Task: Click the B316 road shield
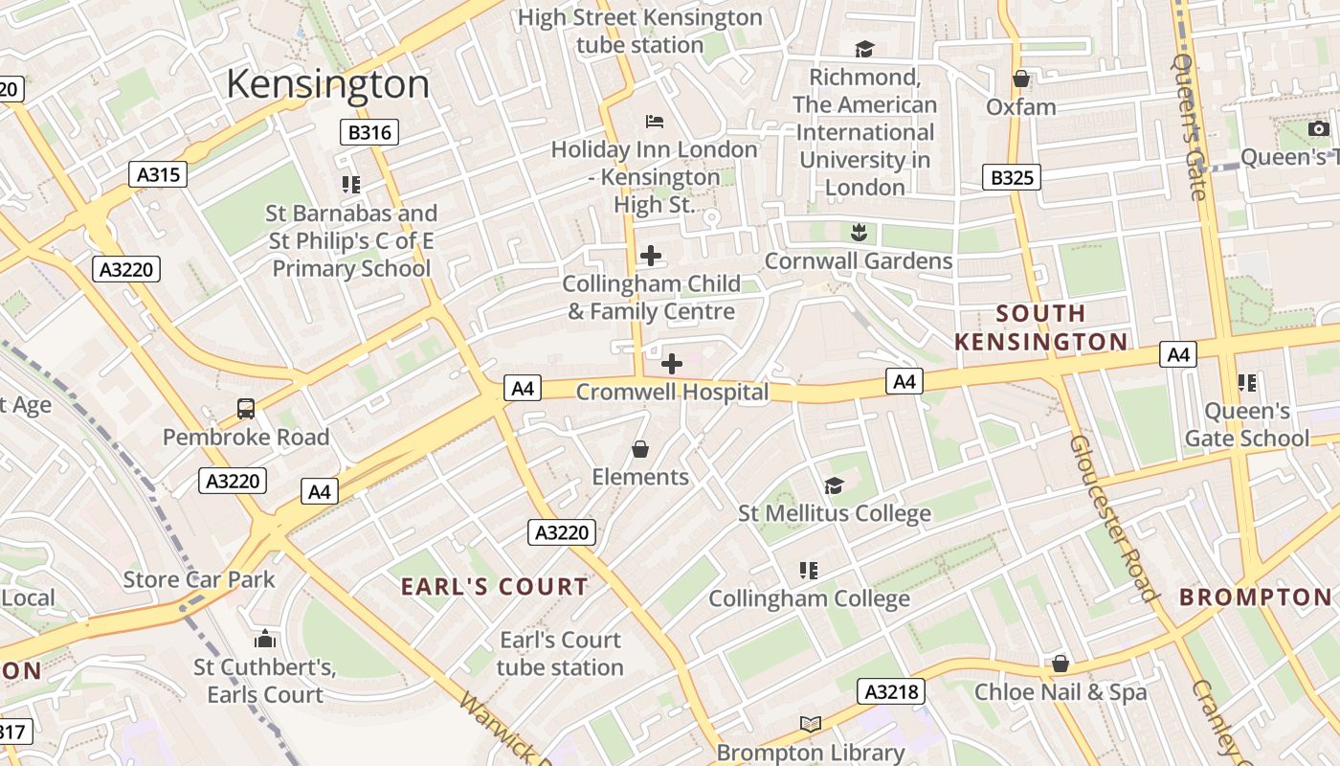point(369,132)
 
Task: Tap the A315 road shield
point(158,174)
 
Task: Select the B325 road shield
point(1012,177)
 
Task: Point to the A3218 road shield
point(892,691)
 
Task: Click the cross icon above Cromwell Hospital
point(672,364)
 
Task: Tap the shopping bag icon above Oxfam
point(1021,79)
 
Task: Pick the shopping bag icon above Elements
point(640,449)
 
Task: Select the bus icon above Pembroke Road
point(246,409)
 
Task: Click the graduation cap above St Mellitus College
point(834,486)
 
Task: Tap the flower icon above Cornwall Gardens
point(859,232)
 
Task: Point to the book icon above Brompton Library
point(810,725)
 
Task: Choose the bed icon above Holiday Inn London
point(655,121)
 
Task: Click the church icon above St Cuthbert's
point(265,639)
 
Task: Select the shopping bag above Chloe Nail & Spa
point(1060,664)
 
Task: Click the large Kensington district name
point(327,84)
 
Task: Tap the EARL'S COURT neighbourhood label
point(494,587)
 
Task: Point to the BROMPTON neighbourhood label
point(1255,597)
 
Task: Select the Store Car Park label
point(199,579)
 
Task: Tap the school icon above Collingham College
point(809,571)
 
